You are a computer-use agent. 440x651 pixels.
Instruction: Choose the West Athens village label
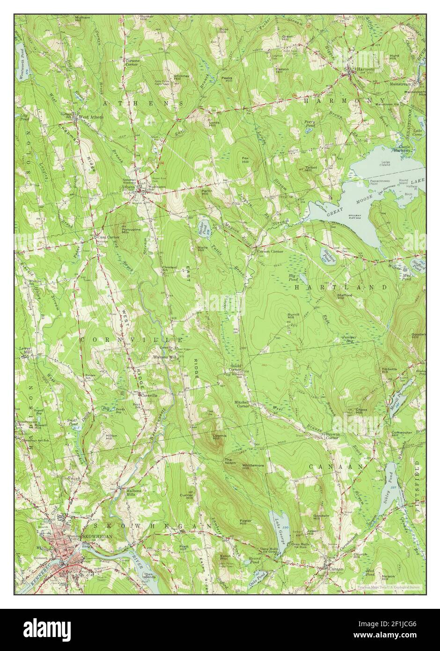click(x=91, y=117)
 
